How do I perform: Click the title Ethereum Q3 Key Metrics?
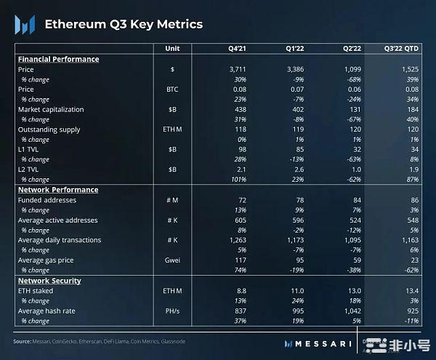124,24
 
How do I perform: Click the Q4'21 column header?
238,49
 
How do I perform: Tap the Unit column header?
173,49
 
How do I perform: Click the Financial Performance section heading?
58,59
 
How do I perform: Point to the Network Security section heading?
49,281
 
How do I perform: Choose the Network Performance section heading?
58,190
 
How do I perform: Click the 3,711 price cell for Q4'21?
238,69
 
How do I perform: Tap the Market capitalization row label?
51,109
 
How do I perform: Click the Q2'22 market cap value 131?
354,109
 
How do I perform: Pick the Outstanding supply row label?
49,129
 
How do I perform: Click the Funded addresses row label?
48,200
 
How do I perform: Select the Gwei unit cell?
173,260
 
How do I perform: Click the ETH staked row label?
36,291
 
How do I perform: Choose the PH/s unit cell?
173,311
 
